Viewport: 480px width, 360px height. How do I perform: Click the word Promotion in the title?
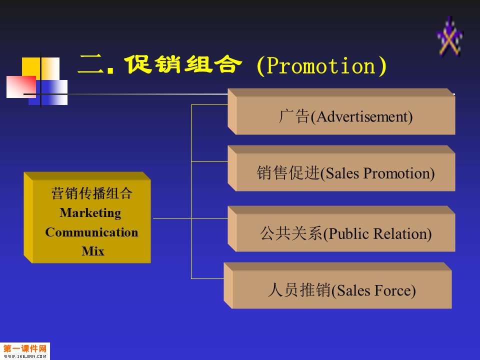pyautogui.click(x=321, y=65)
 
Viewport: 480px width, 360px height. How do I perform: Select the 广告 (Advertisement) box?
pyautogui.click(x=341, y=111)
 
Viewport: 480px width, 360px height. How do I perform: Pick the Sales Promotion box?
pyautogui.click(x=341, y=168)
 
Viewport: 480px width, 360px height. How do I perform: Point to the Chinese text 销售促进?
pyautogui.click(x=288, y=172)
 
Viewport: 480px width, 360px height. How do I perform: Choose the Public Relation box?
pyautogui.click(x=341, y=228)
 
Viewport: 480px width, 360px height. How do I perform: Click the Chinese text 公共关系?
pyautogui.click(x=291, y=233)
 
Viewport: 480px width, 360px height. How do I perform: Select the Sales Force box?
pyautogui.click(x=337, y=285)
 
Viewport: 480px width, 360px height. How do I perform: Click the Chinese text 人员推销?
pyautogui.click(x=299, y=290)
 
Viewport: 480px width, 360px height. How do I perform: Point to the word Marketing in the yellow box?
pyautogui.click(x=90, y=213)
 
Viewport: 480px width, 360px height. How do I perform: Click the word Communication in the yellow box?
pyautogui.click(x=91, y=232)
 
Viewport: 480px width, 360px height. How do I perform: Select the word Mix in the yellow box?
pyautogui.click(x=93, y=251)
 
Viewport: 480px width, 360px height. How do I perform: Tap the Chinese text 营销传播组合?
pyautogui.click(x=91, y=193)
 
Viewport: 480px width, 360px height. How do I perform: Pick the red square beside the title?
pyautogui.click(x=21, y=87)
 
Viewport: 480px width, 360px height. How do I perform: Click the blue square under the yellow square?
pyautogui.click(x=48, y=92)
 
